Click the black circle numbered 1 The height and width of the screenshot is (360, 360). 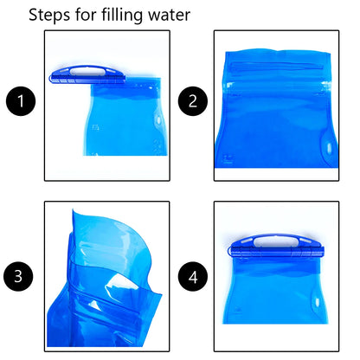(22, 103)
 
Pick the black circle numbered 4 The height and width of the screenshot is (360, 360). (192, 277)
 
